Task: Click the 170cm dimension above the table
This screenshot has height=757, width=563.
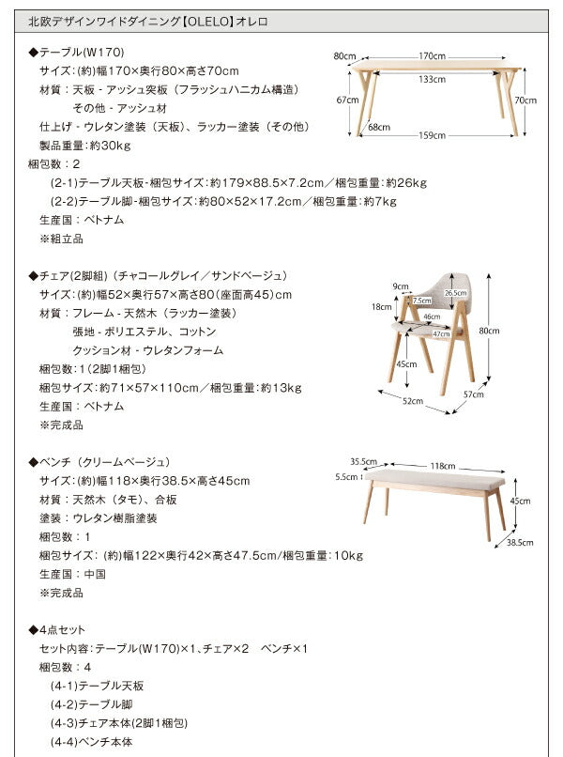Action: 432,55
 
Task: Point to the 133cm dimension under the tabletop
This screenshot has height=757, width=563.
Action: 432,79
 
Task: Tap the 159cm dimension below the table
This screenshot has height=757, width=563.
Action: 433,135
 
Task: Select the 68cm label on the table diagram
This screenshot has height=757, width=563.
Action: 379,127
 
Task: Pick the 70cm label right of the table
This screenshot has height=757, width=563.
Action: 525,100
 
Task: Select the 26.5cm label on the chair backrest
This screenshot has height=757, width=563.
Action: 455,293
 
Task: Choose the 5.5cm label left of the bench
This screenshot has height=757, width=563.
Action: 346,476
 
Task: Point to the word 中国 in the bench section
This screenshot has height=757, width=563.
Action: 94,574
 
